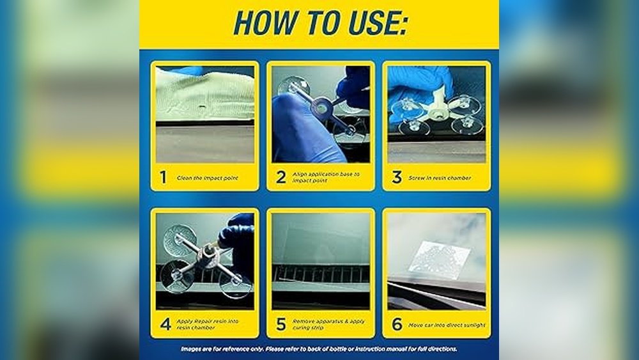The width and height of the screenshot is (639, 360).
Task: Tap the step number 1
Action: point(163,178)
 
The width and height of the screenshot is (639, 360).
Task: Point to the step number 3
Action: point(397,178)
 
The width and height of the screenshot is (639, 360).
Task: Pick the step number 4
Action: point(166,324)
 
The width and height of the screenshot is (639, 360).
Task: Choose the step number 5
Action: point(281,324)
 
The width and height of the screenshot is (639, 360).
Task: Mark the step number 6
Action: point(397,324)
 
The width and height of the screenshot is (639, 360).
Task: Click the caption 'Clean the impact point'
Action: point(207,178)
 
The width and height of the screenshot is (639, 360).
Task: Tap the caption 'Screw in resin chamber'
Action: point(440,178)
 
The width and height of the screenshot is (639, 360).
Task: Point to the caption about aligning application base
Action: point(326,178)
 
